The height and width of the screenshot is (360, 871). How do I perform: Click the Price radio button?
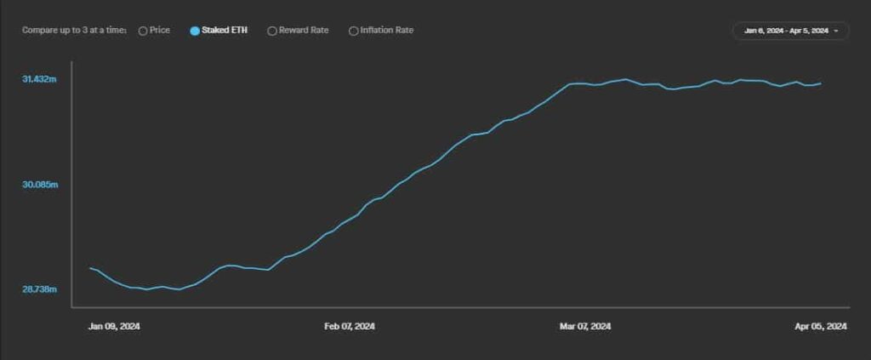coord(143,31)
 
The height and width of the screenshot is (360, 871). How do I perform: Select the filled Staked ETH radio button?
coord(195,31)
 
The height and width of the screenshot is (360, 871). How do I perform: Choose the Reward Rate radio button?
coord(272,31)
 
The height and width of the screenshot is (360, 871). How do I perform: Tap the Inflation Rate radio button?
coord(353,31)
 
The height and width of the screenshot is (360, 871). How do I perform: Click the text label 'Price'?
coord(160,31)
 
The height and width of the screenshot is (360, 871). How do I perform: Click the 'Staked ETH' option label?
coord(225,31)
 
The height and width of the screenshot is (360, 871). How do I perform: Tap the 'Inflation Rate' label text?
coord(387,31)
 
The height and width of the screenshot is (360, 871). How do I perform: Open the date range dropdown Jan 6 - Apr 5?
coord(786,31)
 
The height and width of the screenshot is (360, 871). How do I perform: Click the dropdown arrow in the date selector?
coord(837,31)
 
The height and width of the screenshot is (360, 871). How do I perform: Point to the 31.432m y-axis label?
coord(39,79)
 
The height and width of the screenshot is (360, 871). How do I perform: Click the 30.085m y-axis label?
coord(39,185)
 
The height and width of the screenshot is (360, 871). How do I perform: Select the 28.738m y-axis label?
coord(39,290)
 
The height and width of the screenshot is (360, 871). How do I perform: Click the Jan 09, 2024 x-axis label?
coord(114,327)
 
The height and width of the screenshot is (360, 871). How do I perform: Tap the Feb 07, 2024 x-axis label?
coord(350,327)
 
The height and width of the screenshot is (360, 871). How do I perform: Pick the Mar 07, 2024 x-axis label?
coord(584,327)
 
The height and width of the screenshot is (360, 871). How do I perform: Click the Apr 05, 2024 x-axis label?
coord(821,327)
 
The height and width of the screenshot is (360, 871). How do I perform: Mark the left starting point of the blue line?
coord(90,268)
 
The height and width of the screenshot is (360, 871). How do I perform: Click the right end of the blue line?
coord(821,83)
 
